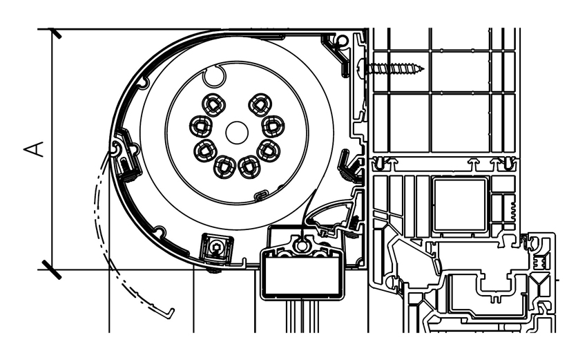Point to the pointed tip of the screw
pos(423,68)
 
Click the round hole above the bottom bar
pos(302,244)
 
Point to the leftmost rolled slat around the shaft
pos(200,126)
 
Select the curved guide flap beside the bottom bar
pos(330,210)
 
